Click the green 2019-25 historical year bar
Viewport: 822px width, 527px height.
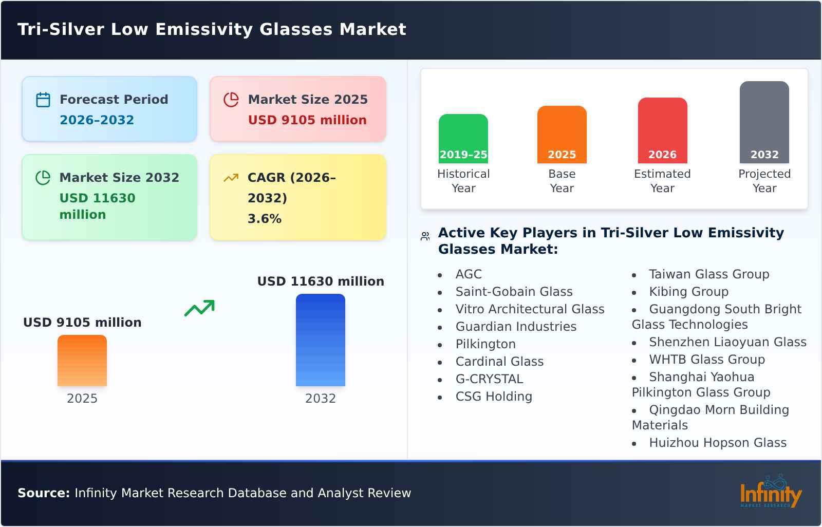pyautogui.click(x=463, y=138)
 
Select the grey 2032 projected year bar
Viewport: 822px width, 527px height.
pyautogui.click(x=764, y=122)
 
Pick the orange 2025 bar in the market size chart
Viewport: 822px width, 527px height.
pyautogui.click(x=82, y=361)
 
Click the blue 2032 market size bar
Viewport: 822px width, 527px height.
pyautogui.click(x=320, y=340)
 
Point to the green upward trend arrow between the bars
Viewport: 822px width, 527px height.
pyautogui.click(x=199, y=308)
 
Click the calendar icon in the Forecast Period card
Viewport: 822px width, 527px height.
pyautogui.click(x=43, y=100)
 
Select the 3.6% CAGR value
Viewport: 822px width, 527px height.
pyautogui.click(x=264, y=219)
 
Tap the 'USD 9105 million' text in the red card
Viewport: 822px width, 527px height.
pyautogui.click(x=307, y=120)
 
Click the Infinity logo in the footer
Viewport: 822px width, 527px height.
pyautogui.click(x=771, y=492)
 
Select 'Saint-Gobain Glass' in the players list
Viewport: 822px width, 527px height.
pyautogui.click(x=514, y=292)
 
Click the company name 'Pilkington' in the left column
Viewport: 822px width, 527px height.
pyautogui.click(x=485, y=344)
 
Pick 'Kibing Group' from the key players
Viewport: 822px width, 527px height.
pyautogui.click(x=688, y=292)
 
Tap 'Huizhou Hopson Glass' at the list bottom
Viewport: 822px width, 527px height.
pyautogui.click(x=717, y=443)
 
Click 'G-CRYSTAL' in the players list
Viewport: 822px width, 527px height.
pyautogui.click(x=489, y=379)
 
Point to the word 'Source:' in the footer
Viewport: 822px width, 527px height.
pyautogui.click(x=44, y=493)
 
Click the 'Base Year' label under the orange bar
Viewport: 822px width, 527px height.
pyautogui.click(x=562, y=181)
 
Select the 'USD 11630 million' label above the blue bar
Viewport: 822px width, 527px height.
pyautogui.click(x=321, y=281)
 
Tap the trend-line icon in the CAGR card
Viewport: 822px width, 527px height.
pyautogui.click(x=231, y=178)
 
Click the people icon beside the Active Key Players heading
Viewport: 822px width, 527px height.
pyautogui.click(x=425, y=236)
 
